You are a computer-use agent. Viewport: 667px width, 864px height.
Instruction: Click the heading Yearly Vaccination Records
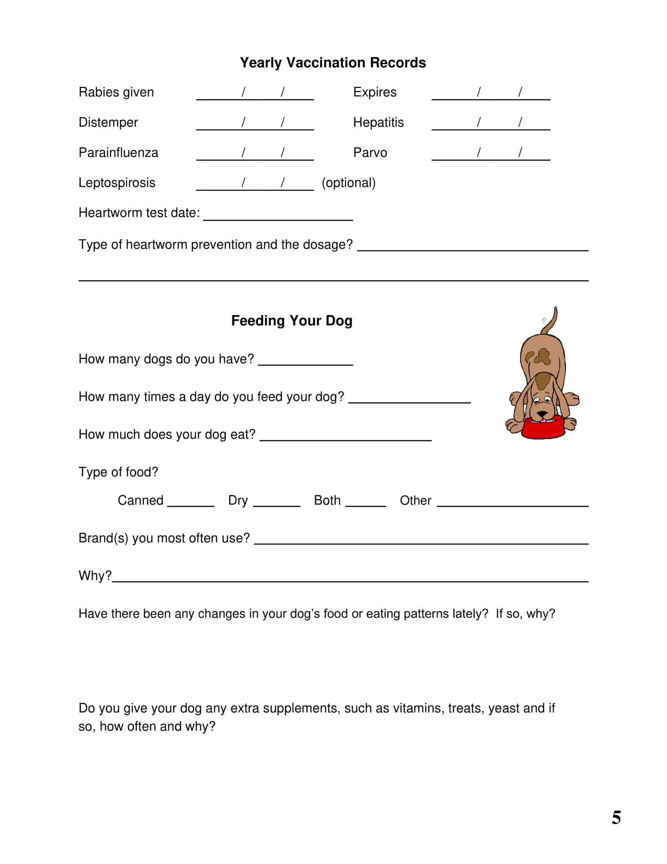coord(333,63)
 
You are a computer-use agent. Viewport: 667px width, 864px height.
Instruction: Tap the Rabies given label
coord(116,92)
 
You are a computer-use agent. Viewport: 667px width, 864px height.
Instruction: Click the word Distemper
coord(108,122)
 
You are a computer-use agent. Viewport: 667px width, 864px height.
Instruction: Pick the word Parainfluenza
coord(118,153)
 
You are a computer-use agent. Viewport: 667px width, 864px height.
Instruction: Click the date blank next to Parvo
coord(490,155)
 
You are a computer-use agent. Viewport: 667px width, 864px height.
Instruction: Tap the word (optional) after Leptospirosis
coord(348,183)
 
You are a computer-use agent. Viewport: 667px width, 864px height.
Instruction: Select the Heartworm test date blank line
coord(278,216)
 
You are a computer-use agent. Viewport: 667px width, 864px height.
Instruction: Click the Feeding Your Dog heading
coord(292,320)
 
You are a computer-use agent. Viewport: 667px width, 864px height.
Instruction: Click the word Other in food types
coord(415,500)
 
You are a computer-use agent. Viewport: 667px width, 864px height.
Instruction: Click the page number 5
coord(616,818)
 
